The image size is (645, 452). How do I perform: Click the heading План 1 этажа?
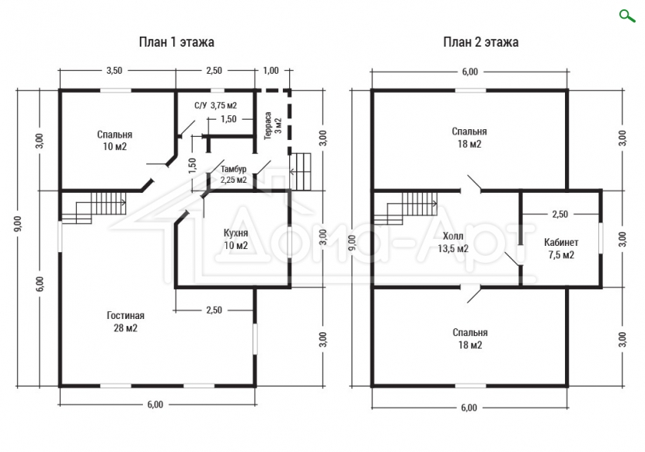[x=176, y=42]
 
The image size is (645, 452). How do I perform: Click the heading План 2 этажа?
[x=480, y=42]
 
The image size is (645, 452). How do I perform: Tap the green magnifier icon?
[x=627, y=16]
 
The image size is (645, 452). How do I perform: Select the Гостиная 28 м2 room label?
[x=125, y=321]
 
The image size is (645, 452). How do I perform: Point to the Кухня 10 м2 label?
[x=235, y=239]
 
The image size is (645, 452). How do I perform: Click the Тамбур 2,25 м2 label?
[x=233, y=174]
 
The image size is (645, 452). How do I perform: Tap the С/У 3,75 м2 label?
[x=215, y=105]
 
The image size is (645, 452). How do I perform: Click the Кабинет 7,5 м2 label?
[x=561, y=248]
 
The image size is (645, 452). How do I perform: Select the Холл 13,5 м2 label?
[x=453, y=242]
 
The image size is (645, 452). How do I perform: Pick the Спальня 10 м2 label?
[x=115, y=140]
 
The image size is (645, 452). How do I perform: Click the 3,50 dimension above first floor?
[x=114, y=70]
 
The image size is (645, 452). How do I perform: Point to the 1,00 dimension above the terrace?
[x=270, y=70]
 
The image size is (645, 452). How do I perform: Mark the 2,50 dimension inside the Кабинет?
[x=560, y=214]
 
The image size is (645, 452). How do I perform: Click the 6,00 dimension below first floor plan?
[x=155, y=405]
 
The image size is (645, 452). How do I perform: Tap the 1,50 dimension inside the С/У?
[x=228, y=119]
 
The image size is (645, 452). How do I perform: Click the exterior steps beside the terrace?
[x=300, y=171]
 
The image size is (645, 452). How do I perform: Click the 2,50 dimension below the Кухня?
[x=214, y=310]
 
